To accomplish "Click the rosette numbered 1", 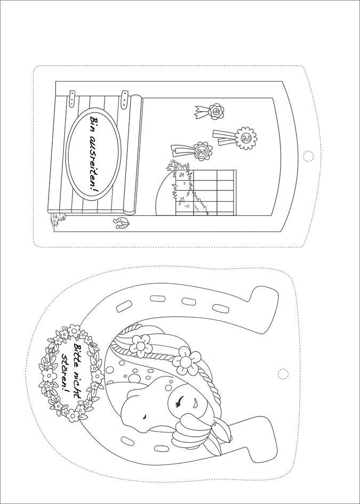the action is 215,111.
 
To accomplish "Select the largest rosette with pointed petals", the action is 246,138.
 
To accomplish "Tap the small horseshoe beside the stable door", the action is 121,223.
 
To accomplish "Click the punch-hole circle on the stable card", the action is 308,156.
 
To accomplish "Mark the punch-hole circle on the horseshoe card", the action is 283,374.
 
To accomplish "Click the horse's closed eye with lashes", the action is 179,401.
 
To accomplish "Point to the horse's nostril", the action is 145,416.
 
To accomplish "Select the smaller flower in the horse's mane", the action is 140,346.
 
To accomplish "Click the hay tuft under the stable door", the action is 58,219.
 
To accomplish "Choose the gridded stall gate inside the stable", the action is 206,192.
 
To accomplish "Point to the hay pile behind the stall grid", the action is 183,188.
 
